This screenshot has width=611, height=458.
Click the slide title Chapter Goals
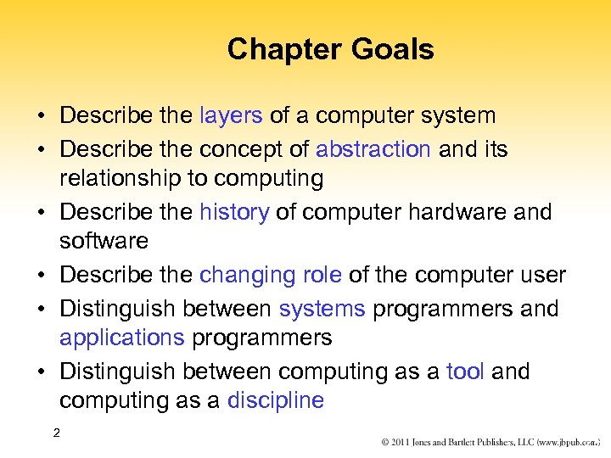point(330,49)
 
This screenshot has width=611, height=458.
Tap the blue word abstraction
point(373,149)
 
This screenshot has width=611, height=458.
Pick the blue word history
point(233,211)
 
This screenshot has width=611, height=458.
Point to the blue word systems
point(322,309)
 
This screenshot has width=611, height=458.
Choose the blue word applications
point(121,338)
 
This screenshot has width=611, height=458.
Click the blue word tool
point(466,371)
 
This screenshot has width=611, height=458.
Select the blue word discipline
point(276,400)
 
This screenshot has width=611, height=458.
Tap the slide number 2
point(56,433)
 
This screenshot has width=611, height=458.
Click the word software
point(104,241)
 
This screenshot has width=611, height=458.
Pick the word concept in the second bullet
point(234,149)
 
